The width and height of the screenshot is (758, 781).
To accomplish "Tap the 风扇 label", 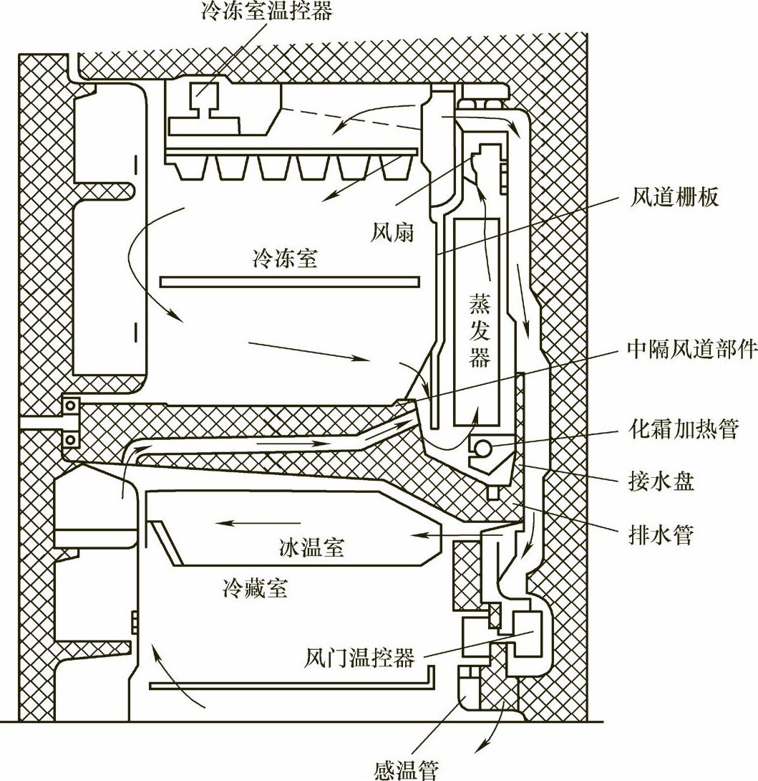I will point(393,231).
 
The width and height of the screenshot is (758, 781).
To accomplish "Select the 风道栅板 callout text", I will point(675,196).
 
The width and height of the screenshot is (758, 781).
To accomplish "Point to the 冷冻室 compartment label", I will point(285,258).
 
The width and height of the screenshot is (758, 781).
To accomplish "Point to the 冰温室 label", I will point(311,548).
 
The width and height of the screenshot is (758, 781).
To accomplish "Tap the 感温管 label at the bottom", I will point(405,770).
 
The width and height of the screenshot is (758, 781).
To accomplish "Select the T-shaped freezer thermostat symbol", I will point(204,100).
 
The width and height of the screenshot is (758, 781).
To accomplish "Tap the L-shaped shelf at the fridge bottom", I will point(293,686).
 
